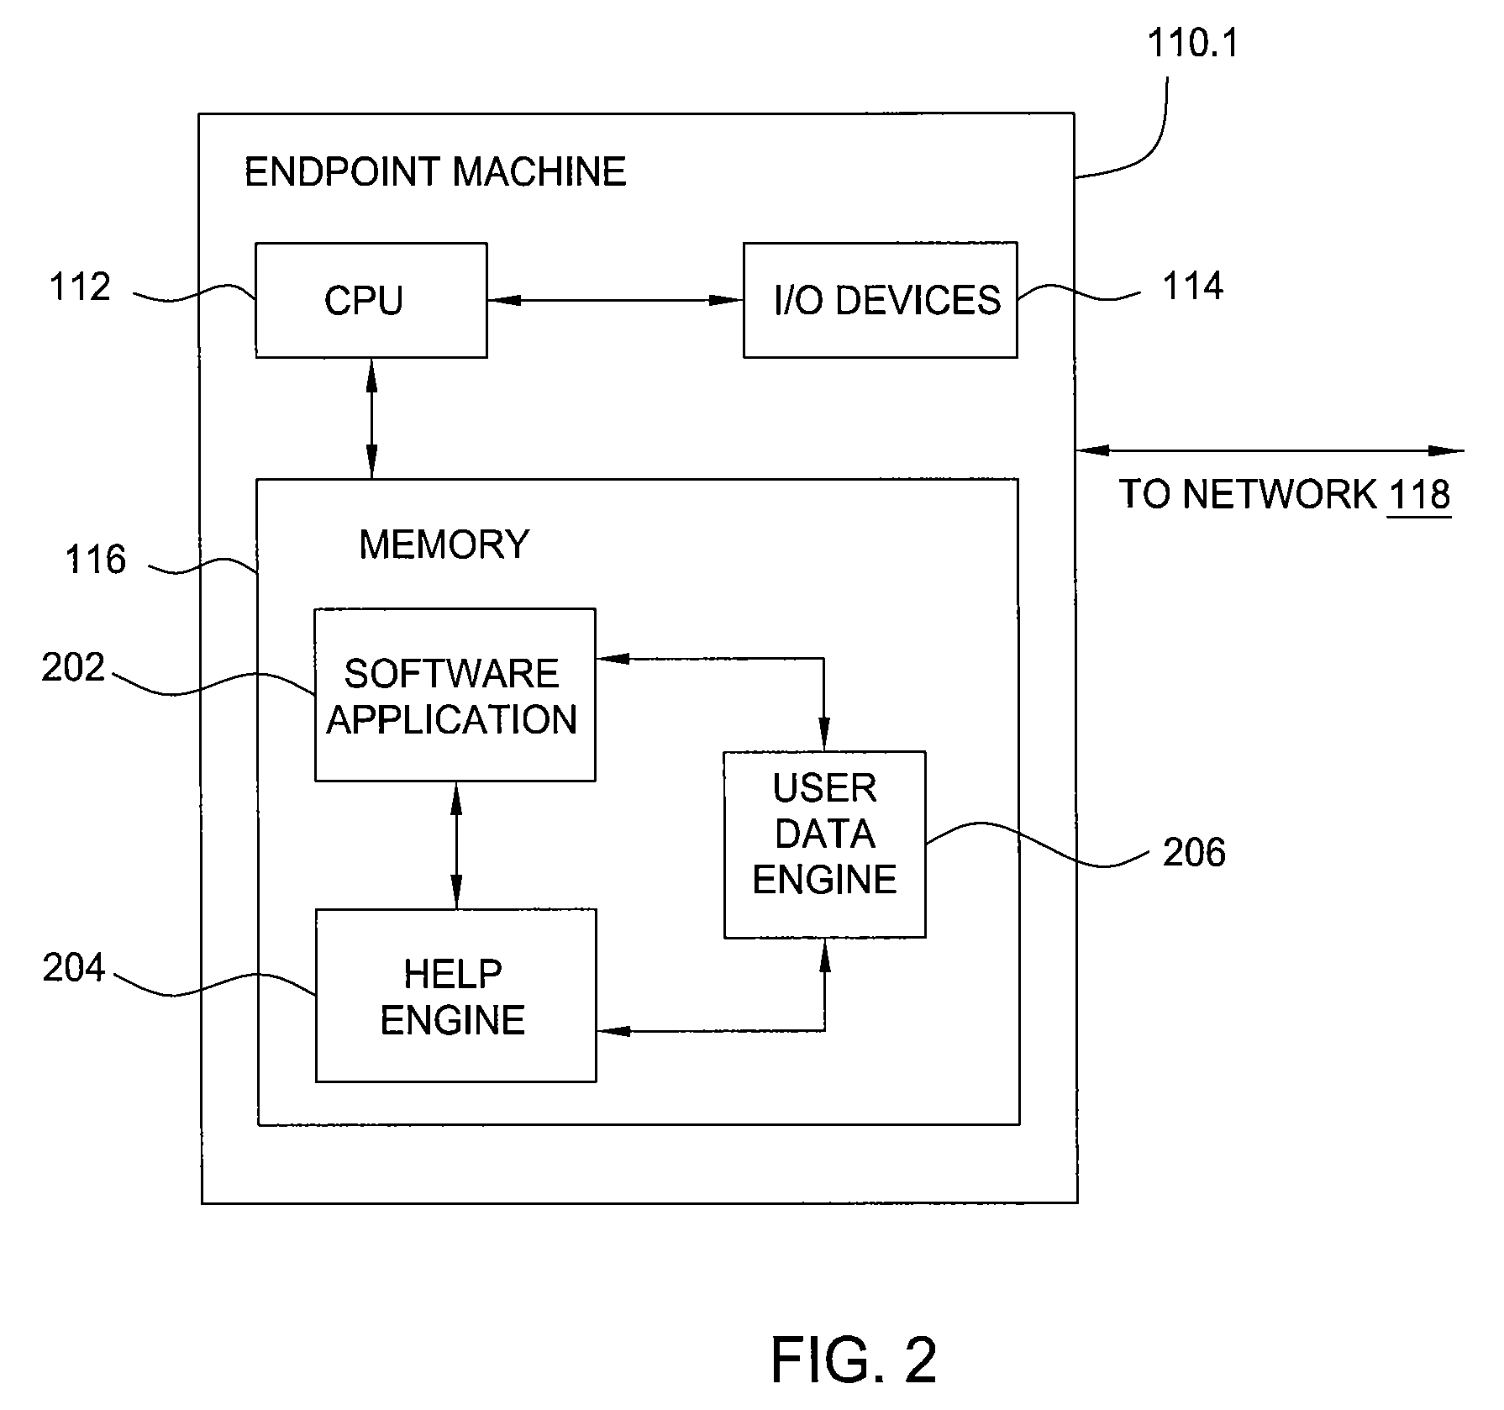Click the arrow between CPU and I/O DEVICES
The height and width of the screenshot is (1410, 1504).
615,299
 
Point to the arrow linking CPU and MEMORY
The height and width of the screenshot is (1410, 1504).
371,418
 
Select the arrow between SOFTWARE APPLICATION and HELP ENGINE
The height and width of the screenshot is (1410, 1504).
456,845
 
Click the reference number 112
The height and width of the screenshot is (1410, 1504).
80,287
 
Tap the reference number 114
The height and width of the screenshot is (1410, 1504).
1192,287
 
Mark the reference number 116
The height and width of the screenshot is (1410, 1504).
95,560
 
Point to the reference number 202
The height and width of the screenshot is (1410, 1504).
73,668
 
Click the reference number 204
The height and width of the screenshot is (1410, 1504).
73,969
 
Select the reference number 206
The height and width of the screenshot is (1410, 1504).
1194,853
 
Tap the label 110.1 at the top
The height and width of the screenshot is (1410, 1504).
1193,44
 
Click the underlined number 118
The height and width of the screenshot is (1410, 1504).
1420,494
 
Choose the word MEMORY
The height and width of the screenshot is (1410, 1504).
444,545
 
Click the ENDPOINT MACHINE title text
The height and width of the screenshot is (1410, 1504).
435,172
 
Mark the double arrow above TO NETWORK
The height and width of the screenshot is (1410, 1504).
1270,451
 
